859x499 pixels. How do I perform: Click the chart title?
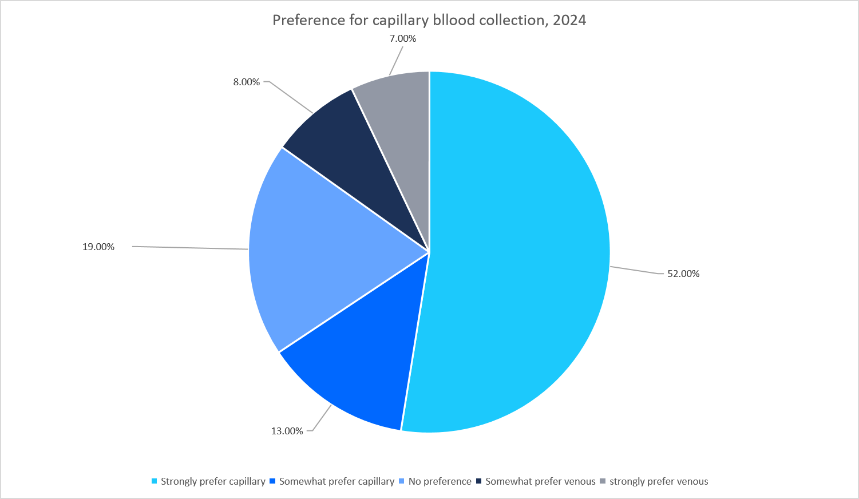(x=429, y=20)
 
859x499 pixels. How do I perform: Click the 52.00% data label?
(x=683, y=274)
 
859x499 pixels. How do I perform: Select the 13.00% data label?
(x=287, y=431)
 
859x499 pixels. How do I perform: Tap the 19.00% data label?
(x=98, y=247)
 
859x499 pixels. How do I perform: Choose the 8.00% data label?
(x=246, y=82)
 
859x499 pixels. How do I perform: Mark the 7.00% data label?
(x=402, y=38)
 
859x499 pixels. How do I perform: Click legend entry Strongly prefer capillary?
(x=213, y=481)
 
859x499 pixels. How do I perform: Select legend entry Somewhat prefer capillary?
(x=337, y=481)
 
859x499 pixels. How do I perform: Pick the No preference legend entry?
(x=440, y=481)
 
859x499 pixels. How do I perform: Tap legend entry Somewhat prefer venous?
(x=540, y=481)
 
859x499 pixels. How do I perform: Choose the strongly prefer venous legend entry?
(x=659, y=481)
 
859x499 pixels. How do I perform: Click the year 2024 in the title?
(x=569, y=20)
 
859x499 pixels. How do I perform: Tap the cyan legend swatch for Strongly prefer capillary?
(x=154, y=481)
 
